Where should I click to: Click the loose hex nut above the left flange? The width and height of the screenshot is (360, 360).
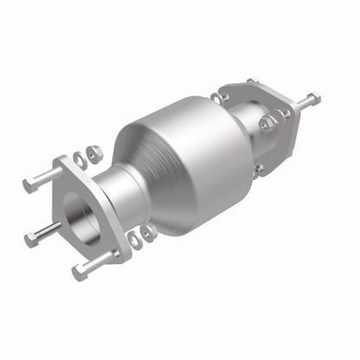[93, 153]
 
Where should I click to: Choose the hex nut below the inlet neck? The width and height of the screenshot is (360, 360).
[149, 232]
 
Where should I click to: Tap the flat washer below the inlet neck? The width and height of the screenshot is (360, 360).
[135, 239]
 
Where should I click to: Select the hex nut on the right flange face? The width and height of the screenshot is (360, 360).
[268, 124]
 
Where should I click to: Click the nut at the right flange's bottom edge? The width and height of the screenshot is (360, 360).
[257, 170]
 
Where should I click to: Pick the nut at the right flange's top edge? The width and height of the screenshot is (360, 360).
[251, 82]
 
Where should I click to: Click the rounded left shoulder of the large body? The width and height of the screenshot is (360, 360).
[130, 164]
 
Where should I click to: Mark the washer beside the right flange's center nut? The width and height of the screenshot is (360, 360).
[282, 113]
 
